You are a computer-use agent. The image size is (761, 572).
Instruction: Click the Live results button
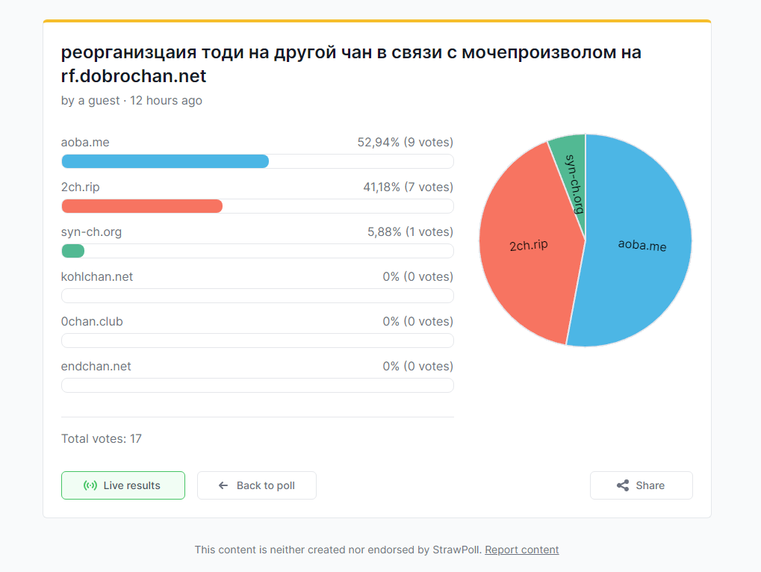[x=123, y=485]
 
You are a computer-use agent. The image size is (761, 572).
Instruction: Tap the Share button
[x=641, y=485]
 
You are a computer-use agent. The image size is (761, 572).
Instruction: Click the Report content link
[x=521, y=550]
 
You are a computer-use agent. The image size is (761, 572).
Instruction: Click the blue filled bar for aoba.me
[x=164, y=161]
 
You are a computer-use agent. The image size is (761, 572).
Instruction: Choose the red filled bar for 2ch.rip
[x=142, y=206]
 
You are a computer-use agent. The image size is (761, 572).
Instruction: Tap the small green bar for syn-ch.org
[x=72, y=251]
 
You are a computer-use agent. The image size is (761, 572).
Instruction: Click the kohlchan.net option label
[x=97, y=277]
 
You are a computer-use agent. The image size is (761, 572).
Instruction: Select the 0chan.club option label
[x=92, y=322]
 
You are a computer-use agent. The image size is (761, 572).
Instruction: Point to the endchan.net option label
[x=96, y=367]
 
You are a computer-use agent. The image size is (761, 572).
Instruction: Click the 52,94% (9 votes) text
[x=405, y=143]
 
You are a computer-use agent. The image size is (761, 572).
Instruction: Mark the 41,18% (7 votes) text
[x=408, y=187]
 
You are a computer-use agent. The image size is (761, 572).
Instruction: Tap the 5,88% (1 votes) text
[x=410, y=232]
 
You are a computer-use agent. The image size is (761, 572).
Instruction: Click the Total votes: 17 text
[x=102, y=438]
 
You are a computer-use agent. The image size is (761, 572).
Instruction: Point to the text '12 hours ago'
[x=166, y=100]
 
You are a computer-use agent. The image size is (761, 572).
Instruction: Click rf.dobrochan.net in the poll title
[x=134, y=76]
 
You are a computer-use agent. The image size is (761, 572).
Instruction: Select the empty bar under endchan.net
[x=257, y=385]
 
